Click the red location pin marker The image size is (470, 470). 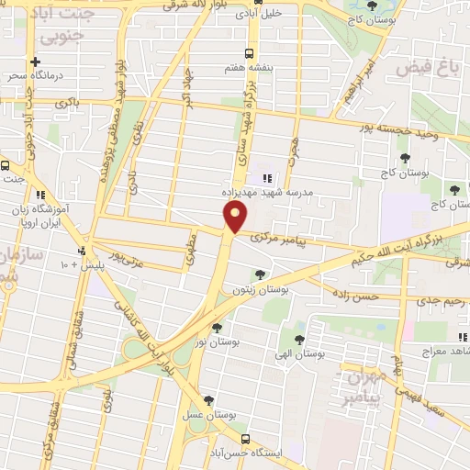pyautogui.click(x=236, y=218)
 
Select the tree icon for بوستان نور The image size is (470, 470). pyautogui.click(x=217, y=327)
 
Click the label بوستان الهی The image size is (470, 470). pyautogui.click(x=304, y=353)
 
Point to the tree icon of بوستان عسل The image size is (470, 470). pyautogui.click(x=210, y=400)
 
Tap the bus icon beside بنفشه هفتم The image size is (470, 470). pyautogui.click(x=247, y=53)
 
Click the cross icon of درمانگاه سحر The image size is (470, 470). pyautogui.click(x=35, y=62)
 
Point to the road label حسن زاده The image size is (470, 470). pyautogui.click(x=356, y=297)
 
